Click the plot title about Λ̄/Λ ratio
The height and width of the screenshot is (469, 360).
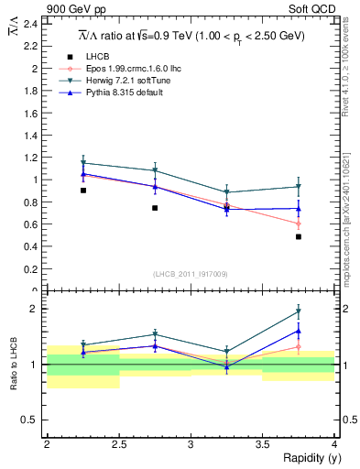click(191, 36)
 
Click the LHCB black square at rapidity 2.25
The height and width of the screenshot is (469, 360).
click(83, 191)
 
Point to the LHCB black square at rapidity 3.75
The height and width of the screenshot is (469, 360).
click(299, 236)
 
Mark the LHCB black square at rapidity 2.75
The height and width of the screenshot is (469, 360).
click(155, 208)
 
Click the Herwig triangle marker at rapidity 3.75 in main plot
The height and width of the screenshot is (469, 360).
click(299, 187)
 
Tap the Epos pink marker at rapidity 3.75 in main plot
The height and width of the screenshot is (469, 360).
click(299, 224)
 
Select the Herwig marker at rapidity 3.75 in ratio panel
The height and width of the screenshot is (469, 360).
click(299, 311)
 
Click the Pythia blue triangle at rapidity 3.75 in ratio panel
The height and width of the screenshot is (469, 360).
click(299, 331)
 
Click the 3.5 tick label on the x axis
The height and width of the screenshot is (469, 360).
click(263, 444)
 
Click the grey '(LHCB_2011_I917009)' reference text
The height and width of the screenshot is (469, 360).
click(191, 274)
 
